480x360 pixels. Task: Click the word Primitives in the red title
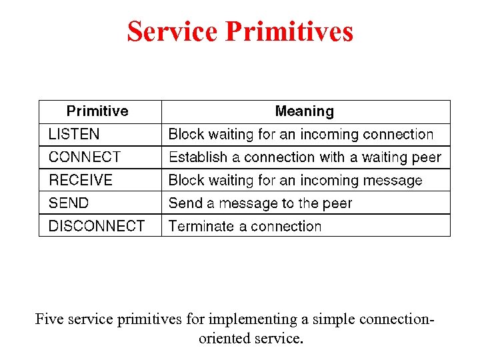(x=289, y=31)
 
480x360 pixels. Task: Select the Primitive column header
(x=97, y=111)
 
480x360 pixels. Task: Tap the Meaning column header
(x=305, y=111)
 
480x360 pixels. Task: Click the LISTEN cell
(x=74, y=135)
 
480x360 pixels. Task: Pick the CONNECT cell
(x=85, y=157)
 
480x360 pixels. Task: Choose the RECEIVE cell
(x=81, y=180)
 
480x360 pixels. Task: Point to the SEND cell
(x=69, y=203)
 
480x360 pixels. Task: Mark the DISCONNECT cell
(x=97, y=226)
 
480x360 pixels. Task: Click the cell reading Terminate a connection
(x=245, y=226)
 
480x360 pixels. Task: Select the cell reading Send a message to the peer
(x=260, y=203)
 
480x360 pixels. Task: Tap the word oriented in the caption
(x=225, y=339)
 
